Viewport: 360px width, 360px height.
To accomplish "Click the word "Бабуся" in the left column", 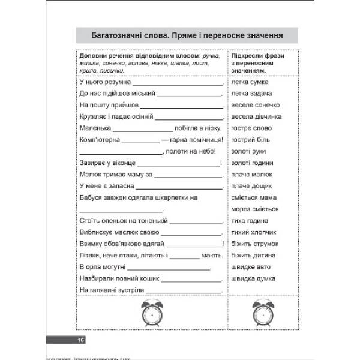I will tap(91, 197).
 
